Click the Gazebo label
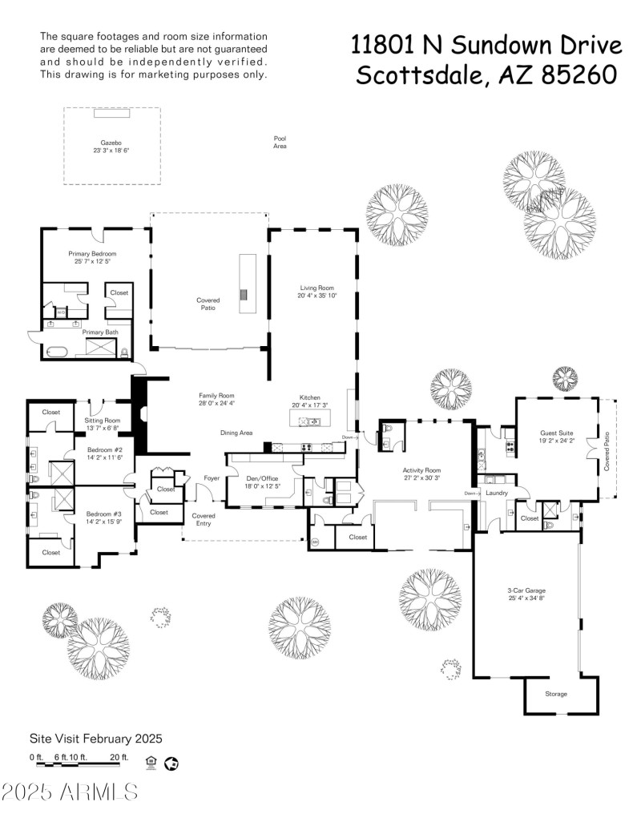pyautogui.click(x=111, y=141)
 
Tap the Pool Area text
pyautogui.click(x=280, y=142)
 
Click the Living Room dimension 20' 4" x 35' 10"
pyautogui.click(x=316, y=296)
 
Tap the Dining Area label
pyautogui.click(x=236, y=433)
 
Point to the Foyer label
pyautogui.click(x=212, y=477)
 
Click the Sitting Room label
pyautogui.click(x=103, y=421)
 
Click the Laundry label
pyautogui.click(x=497, y=493)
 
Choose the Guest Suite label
pyautogui.click(x=556, y=433)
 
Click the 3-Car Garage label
pyautogui.click(x=526, y=590)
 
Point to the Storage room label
pyautogui.click(x=556, y=694)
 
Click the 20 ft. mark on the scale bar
pyautogui.click(x=119, y=756)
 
